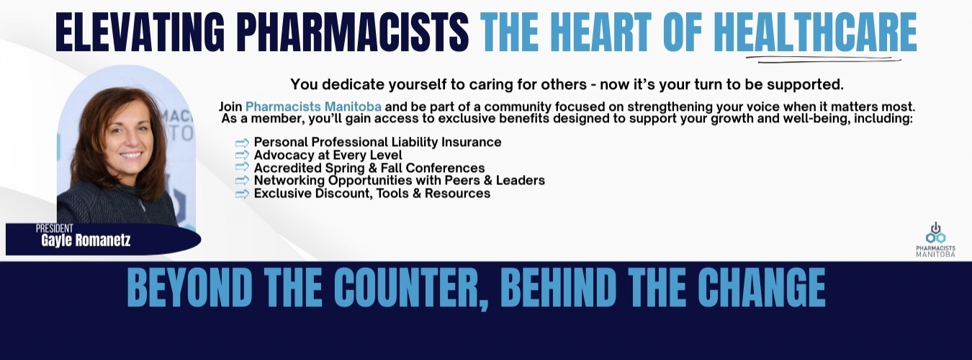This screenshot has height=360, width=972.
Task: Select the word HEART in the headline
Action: coord(603,31)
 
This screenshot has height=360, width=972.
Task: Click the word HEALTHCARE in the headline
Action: coord(815,31)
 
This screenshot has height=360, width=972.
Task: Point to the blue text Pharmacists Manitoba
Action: coord(313,107)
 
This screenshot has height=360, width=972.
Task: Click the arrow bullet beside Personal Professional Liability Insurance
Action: coord(242,143)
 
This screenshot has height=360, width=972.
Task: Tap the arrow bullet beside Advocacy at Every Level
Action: coord(242,155)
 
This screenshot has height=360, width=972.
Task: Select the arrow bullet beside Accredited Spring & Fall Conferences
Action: coord(242,167)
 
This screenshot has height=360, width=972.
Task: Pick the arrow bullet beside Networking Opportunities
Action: coord(242,180)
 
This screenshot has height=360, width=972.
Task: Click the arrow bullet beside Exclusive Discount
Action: coord(242,194)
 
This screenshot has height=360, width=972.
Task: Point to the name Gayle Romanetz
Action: coord(86,240)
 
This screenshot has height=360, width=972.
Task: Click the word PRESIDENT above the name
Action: coord(54,228)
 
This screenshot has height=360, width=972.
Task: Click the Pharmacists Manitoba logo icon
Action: coord(935,233)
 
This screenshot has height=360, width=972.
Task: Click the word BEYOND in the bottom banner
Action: coord(189,288)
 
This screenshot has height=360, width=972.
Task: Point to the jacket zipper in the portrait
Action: coord(140,204)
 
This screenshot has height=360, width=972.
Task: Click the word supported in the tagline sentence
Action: coord(805,84)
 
